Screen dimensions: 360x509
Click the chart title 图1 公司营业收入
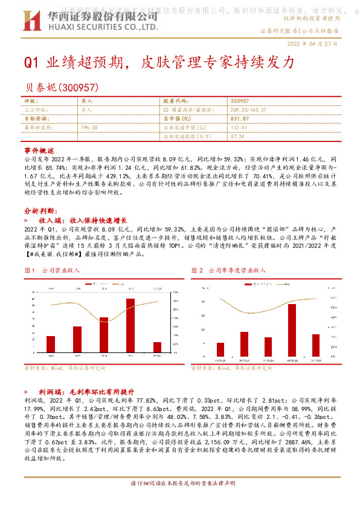pos(54,271)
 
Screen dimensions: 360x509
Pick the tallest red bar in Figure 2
pos(292,329)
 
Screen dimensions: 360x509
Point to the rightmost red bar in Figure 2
pos(316,345)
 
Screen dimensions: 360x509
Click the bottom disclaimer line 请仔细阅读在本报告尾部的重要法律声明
pos(181,501)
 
